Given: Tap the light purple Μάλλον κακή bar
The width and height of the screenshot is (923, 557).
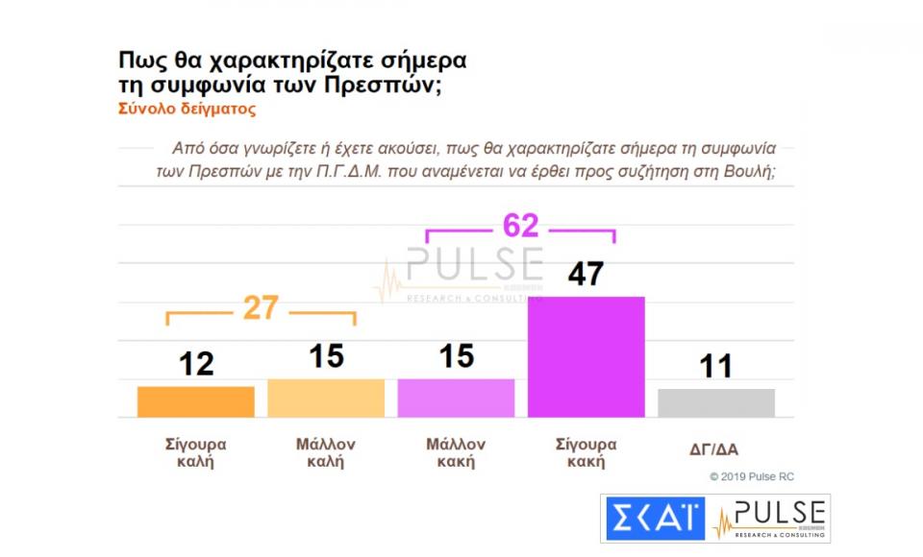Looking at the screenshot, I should point(456,398).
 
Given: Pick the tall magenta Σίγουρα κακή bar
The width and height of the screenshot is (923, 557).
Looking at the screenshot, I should point(586,356).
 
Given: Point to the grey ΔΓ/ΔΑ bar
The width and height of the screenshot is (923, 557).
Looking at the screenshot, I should point(716,402).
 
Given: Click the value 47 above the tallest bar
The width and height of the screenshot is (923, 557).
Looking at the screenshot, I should point(586,274).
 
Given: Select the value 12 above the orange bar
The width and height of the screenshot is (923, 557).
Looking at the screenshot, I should point(196,364).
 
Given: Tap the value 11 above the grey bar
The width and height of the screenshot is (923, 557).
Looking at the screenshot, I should point(715,366).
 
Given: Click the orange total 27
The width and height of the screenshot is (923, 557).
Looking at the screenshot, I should point(260,308).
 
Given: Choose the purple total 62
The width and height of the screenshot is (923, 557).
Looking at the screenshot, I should point(520,226).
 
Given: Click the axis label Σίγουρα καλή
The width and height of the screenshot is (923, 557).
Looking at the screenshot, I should point(195,452).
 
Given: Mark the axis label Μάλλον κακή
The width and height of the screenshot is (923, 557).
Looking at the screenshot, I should point(456,452).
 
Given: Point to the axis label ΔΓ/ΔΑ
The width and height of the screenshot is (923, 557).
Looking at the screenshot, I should point(712,448).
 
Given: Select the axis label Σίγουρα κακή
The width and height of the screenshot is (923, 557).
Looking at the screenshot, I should point(586,452).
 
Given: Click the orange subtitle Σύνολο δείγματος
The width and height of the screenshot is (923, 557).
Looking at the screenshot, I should point(187,109).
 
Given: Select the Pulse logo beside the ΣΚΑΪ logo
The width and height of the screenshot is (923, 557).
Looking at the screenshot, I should point(769,519).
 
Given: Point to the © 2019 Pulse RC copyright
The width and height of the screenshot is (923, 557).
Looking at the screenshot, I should point(752,476).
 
